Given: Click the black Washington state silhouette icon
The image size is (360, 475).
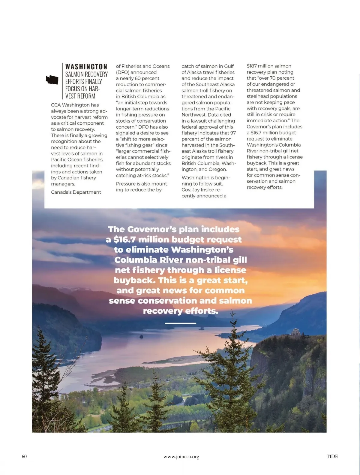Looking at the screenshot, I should [x=52, y=80].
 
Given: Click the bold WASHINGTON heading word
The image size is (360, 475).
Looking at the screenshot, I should [x=86, y=67].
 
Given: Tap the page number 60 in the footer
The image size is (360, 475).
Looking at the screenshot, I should [x=24, y=456].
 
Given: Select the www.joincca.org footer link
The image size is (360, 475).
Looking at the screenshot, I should [x=181, y=457].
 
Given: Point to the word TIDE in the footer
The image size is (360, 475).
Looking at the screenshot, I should [x=332, y=456].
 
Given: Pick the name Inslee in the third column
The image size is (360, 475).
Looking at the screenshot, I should [x=207, y=190].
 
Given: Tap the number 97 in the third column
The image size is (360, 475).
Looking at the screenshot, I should [x=233, y=133].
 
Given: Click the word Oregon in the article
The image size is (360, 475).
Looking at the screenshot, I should [x=217, y=169].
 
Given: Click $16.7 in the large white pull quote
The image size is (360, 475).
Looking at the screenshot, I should [x=124, y=240].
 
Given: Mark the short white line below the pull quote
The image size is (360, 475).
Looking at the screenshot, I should [x=180, y=323].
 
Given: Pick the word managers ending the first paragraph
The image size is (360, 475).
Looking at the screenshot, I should [x=63, y=184].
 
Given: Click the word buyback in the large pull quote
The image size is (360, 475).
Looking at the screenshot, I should [x=134, y=280].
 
